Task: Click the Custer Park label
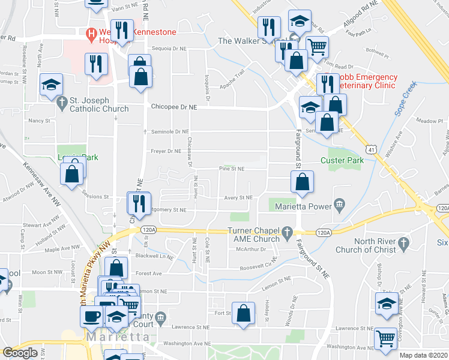pyautogui.click(x=342, y=161)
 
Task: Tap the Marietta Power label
pyautogui.click(x=303, y=206)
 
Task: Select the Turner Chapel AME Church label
pyautogui.click(x=254, y=235)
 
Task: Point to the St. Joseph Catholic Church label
pyautogui.click(x=99, y=104)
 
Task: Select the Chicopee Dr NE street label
pyautogui.click(x=174, y=107)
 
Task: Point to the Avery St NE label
pyautogui.click(x=238, y=197)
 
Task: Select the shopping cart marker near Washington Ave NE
pyautogui.click(x=385, y=338)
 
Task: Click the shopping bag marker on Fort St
pyautogui.click(x=243, y=313)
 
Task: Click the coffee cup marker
pyautogui.click(x=91, y=316)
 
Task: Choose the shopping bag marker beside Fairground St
pyautogui.click(x=303, y=181)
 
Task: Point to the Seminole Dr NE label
pyautogui.click(x=169, y=131)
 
